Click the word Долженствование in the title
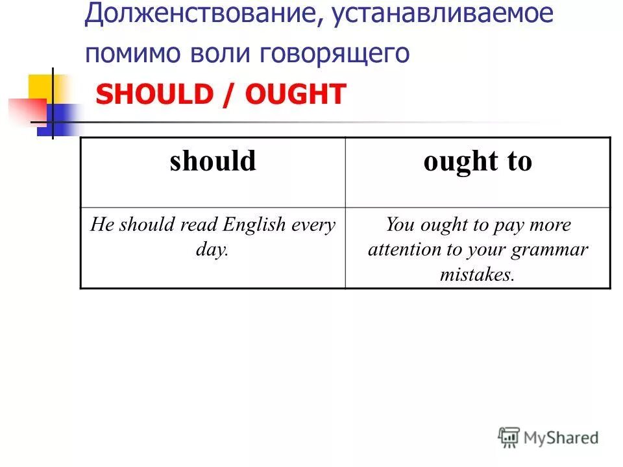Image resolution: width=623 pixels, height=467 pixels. pyautogui.click(x=197, y=14)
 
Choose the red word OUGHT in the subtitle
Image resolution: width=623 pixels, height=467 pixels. pyautogui.click(x=295, y=95)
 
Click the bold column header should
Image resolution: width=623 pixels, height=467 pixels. pyautogui.click(x=213, y=161)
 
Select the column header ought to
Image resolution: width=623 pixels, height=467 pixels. pyautogui.click(x=478, y=161)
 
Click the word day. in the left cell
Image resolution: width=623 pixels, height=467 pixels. pyautogui.click(x=212, y=250)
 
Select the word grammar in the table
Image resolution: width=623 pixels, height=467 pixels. pyautogui.click(x=551, y=250)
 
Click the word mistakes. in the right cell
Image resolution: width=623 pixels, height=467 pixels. pyautogui.click(x=477, y=274)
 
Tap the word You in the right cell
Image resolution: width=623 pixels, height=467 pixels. pyautogui.click(x=400, y=225)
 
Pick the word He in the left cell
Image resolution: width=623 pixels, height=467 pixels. pyautogui.click(x=102, y=225)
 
